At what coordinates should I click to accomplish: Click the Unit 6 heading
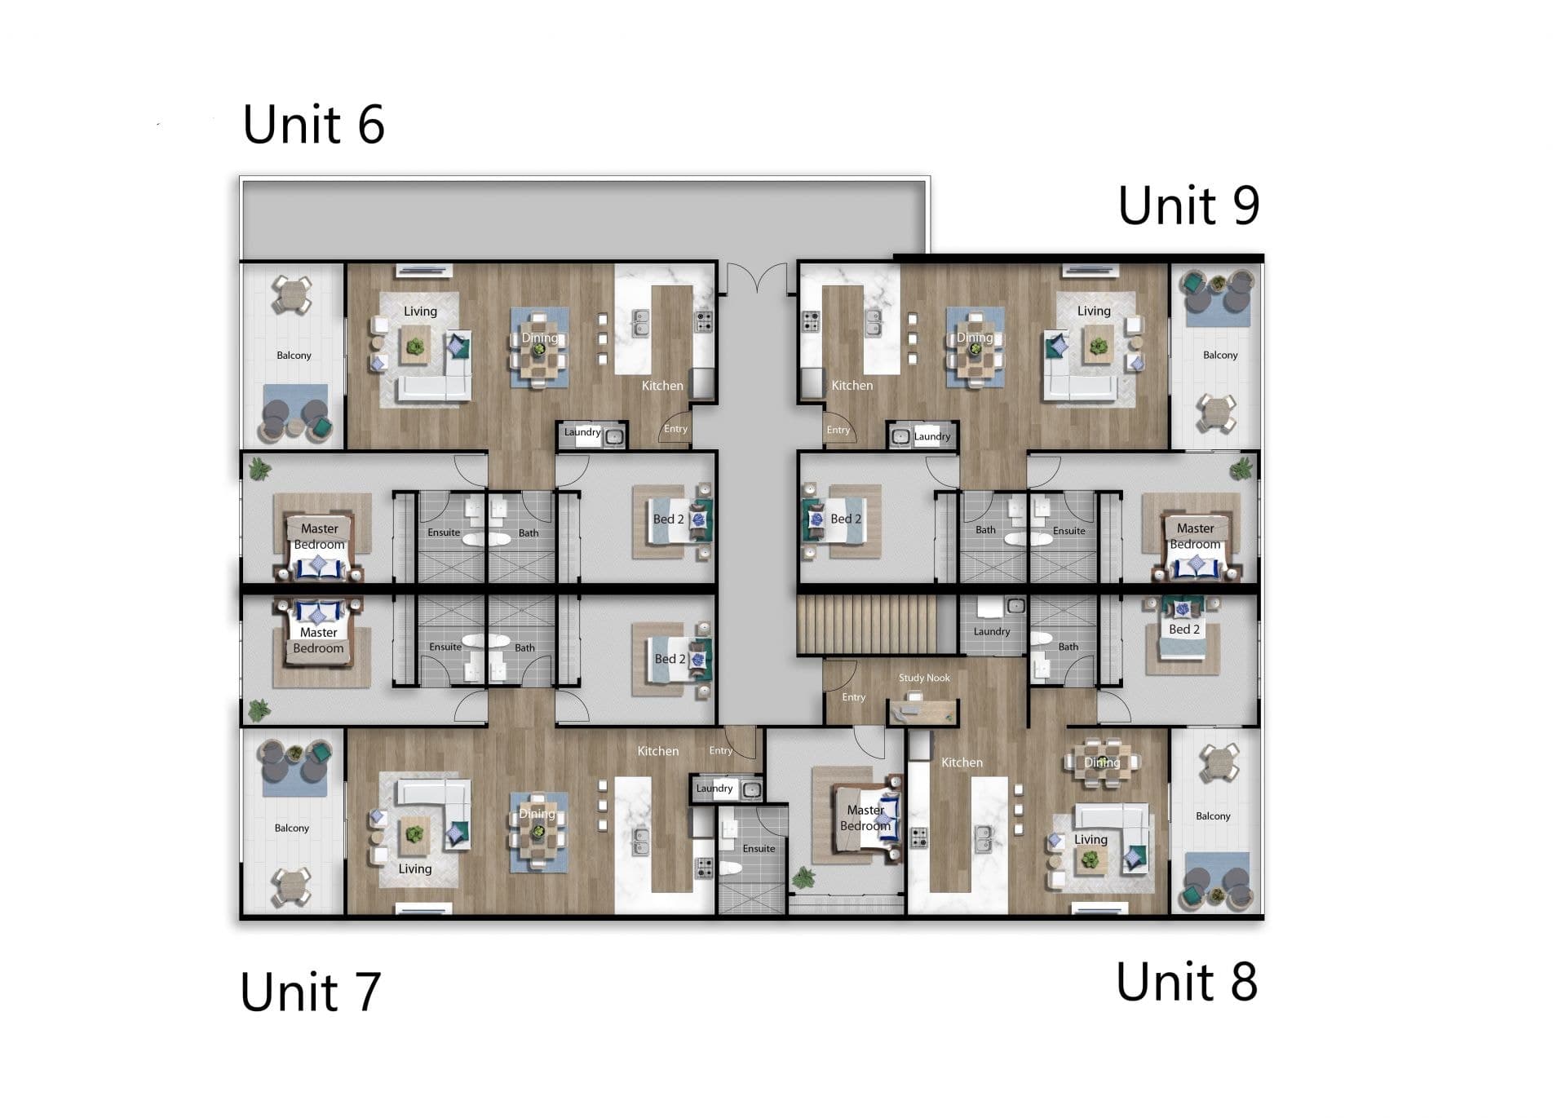[313, 125]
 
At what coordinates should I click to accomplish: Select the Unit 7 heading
[310, 992]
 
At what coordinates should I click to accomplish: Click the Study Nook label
[924, 678]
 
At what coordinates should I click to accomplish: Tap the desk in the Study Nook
[922, 710]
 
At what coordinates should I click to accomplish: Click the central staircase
[867, 625]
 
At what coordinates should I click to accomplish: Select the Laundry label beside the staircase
[992, 631]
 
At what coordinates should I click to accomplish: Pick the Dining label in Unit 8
[1102, 762]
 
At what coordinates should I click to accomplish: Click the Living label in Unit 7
[415, 869]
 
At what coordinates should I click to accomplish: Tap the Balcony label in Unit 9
[1220, 355]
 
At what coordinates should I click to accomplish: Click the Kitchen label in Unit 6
[662, 386]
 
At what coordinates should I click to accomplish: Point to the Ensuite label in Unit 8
[759, 849]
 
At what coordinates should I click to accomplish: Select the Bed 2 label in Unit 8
[1184, 630]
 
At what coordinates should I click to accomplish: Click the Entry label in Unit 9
[838, 430]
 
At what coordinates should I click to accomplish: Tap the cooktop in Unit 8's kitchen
[919, 837]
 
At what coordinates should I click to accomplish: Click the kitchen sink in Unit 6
[641, 324]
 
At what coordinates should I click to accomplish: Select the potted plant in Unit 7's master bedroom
[259, 709]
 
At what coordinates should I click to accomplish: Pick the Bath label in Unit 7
[524, 648]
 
